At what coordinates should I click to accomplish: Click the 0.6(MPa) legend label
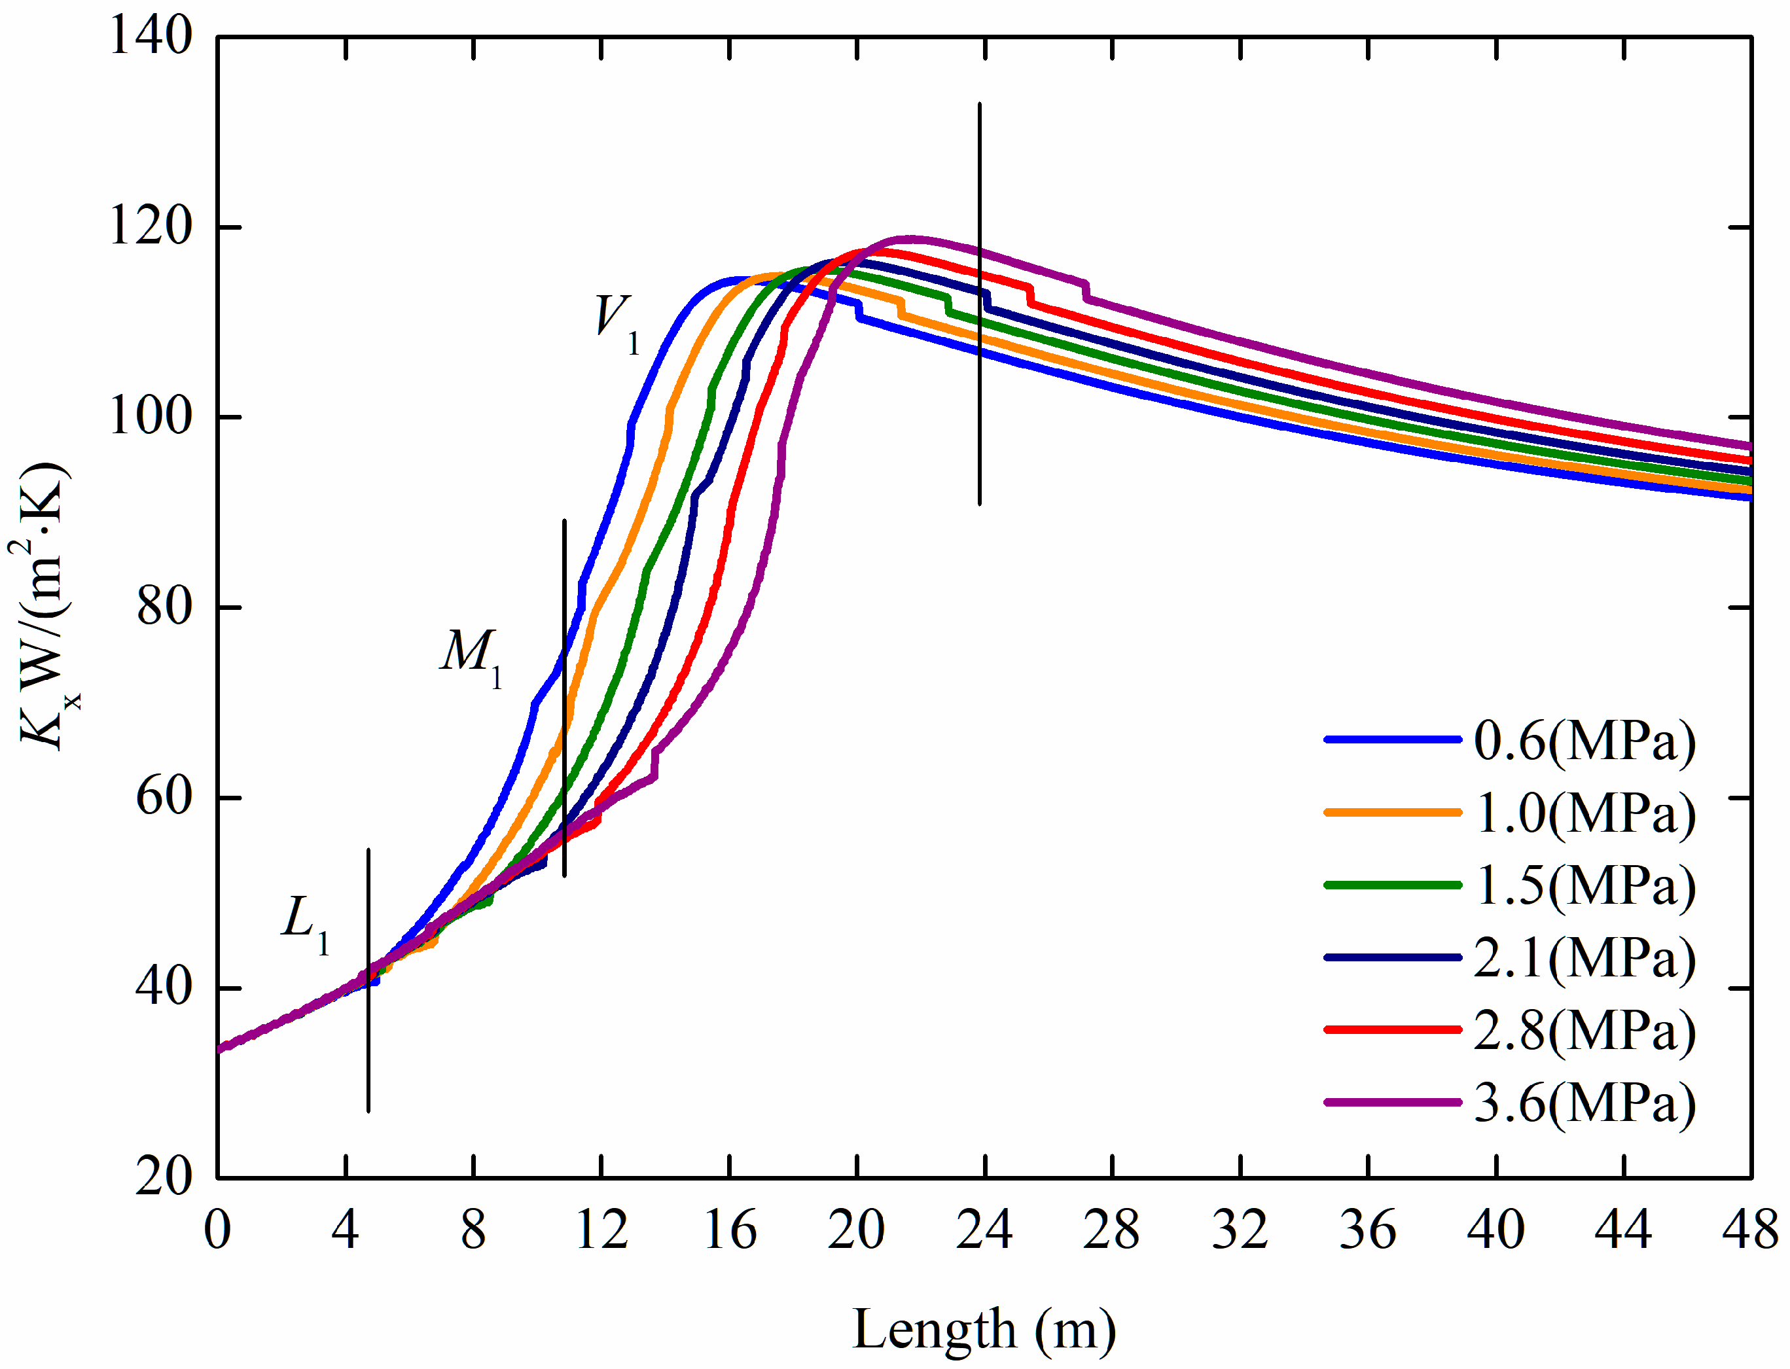1584,741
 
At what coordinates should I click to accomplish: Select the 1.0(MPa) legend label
1584,813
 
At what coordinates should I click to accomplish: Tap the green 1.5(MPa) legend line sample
1392,885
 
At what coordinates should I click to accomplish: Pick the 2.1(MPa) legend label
1584,957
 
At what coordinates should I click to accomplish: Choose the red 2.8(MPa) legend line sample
1392,1030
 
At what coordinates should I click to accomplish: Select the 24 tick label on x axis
984,1230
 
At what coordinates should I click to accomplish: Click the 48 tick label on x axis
1750,1230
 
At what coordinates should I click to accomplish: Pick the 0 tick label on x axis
217,1230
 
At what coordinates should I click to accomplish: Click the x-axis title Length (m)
984,1329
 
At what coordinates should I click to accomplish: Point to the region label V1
617,321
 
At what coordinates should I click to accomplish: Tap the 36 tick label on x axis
1367,1230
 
